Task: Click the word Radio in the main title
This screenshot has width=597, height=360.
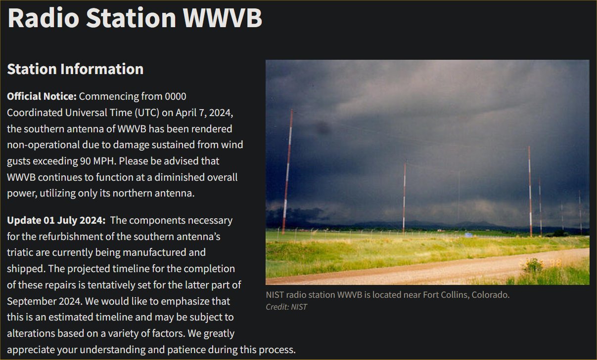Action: (x=44, y=18)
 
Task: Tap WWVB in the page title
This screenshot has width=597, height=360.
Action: (x=222, y=18)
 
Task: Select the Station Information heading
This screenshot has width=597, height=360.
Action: (x=75, y=69)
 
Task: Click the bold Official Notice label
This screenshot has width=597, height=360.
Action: (x=42, y=96)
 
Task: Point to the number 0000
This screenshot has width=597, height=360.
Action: (x=176, y=96)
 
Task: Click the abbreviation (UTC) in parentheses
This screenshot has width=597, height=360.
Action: (x=147, y=113)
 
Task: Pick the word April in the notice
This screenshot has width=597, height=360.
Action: (x=186, y=113)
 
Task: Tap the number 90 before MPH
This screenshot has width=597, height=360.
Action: (x=85, y=161)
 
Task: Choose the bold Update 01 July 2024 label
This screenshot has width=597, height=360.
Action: (x=56, y=220)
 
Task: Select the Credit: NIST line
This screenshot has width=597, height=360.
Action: (x=286, y=307)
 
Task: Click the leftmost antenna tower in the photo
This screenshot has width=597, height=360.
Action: (x=287, y=172)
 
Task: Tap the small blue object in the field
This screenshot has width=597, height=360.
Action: (x=468, y=235)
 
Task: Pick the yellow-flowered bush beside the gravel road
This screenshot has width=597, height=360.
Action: (x=532, y=265)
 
